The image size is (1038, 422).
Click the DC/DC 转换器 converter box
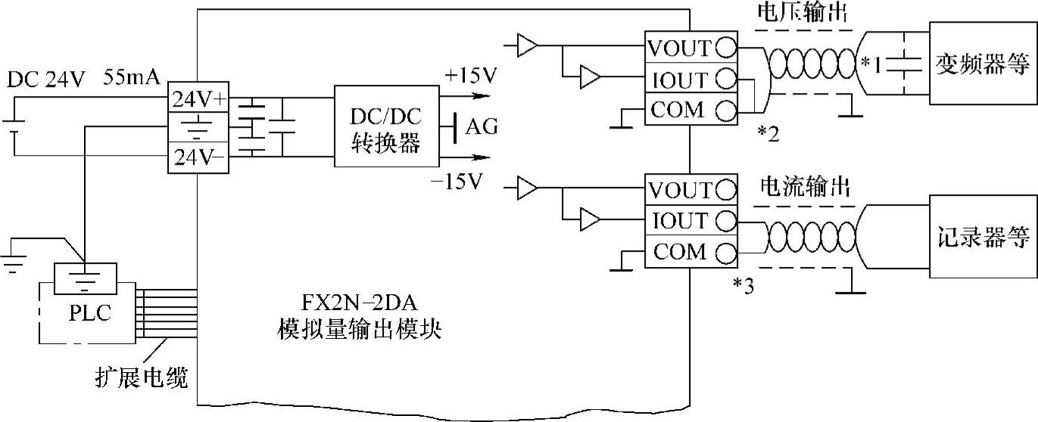pos(386,126)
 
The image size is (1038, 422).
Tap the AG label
pos(482,126)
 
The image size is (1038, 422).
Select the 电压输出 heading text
pos(800,15)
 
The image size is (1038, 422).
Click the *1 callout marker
pos(872,65)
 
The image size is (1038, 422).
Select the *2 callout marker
pos(767,134)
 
